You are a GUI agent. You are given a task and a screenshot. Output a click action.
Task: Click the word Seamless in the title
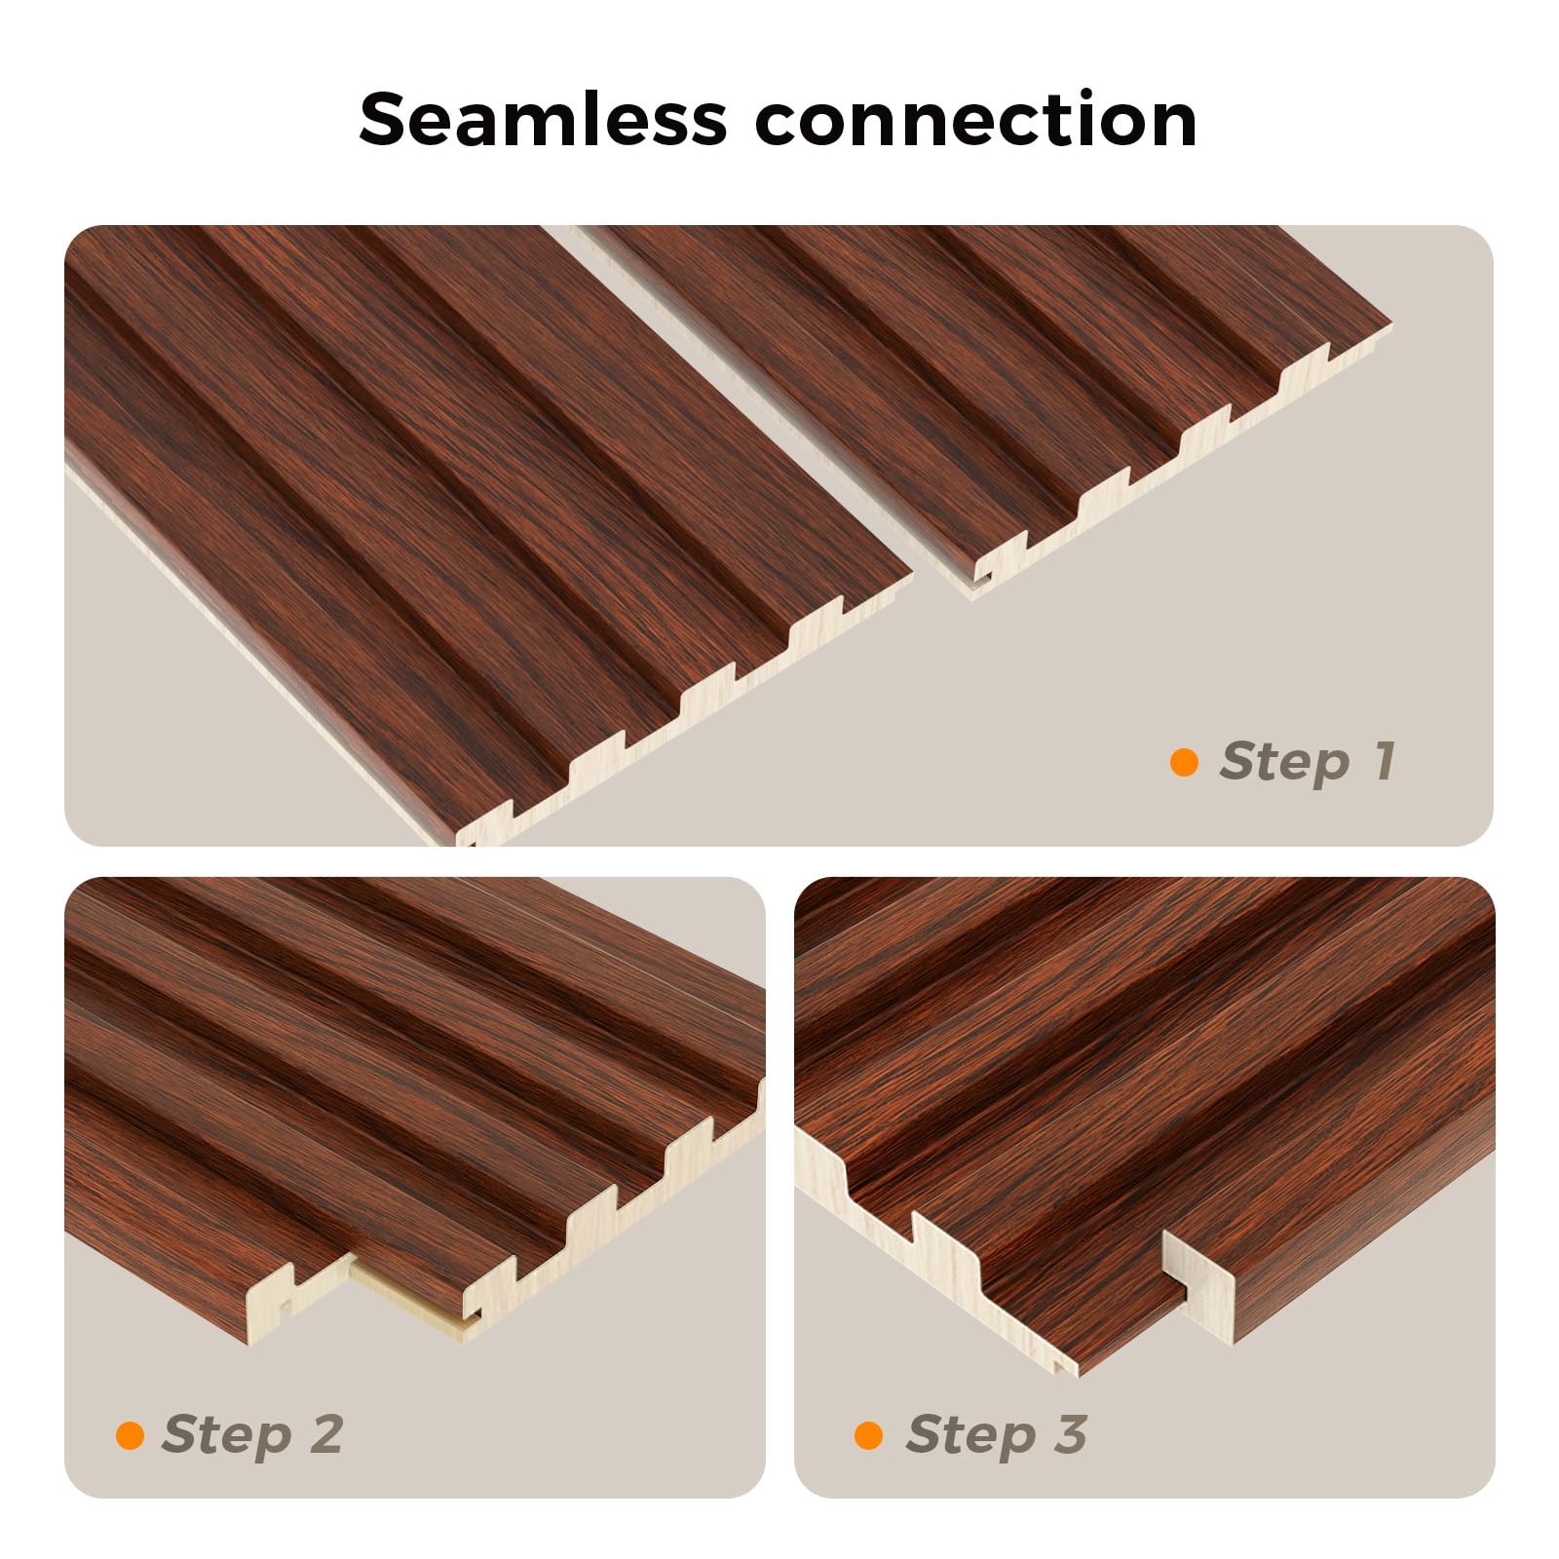(x=543, y=119)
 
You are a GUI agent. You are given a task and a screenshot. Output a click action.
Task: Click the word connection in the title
(x=976, y=120)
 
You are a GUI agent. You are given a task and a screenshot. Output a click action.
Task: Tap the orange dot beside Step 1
(x=1184, y=762)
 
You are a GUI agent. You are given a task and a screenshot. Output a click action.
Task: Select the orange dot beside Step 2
(x=130, y=1435)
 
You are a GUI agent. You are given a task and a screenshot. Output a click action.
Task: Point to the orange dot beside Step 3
(x=868, y=1435)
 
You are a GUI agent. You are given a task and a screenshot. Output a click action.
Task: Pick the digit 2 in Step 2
(x=327, y=1433)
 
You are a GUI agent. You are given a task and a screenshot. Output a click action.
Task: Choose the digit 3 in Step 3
(x=1070, y=1433)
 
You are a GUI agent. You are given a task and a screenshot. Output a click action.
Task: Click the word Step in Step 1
(x=1285, y=763)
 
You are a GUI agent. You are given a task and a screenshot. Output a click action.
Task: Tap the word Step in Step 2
(x=227, y=1436)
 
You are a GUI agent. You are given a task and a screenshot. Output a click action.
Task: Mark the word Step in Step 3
(x=970, y=1436)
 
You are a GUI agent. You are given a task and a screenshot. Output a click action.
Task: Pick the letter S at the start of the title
(x=382, y=119)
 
